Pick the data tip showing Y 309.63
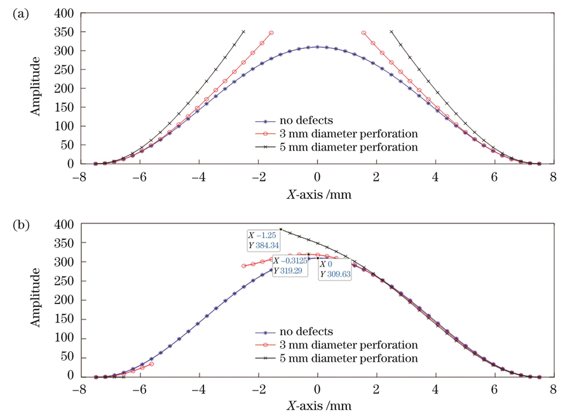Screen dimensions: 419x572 334,269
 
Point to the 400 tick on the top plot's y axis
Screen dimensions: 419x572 65,13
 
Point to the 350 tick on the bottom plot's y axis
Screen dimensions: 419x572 65,244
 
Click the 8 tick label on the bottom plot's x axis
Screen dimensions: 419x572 554,390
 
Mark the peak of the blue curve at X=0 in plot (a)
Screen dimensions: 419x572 317,47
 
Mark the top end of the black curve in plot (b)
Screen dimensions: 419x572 281,229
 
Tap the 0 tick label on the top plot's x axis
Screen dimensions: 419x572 317,179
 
